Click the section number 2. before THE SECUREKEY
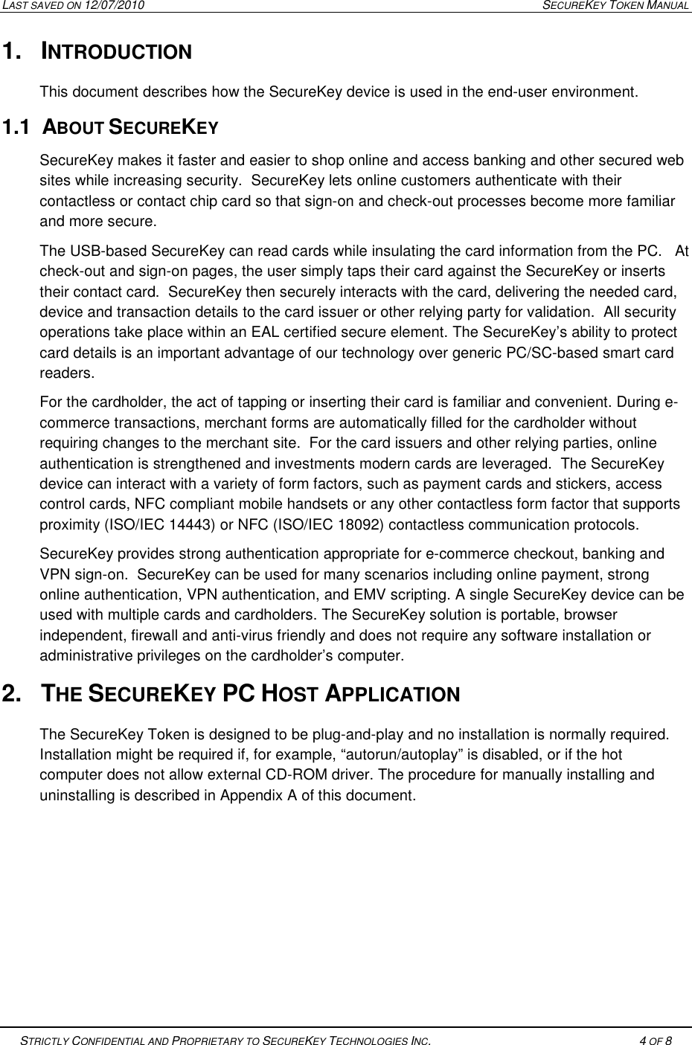pyautogui.click(x=13, y=695)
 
